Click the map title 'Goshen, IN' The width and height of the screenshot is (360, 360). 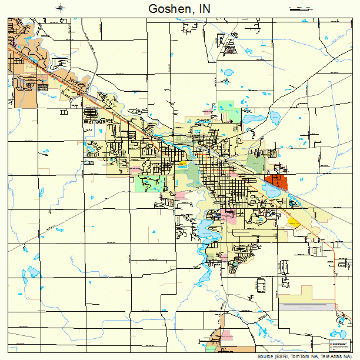click(x=180, y=9)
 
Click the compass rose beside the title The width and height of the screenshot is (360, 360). click(x=61, y=8)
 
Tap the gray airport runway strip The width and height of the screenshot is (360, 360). click(x=305, y=308)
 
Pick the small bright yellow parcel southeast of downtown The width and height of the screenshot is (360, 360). click(x=293, y=222)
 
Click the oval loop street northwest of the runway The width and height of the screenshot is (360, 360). click(x=261, y=285)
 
